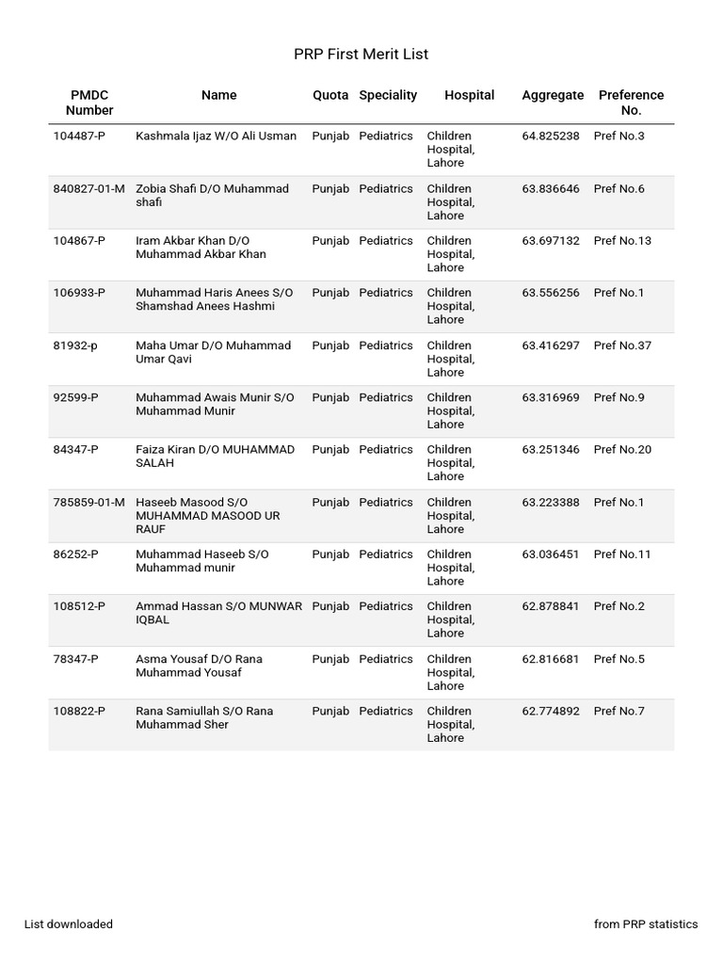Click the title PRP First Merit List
pos(361,55)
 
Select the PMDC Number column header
pos(89,103)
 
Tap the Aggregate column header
pos(553,95)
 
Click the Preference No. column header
pos(631,103)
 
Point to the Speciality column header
pos(388,95)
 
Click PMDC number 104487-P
pos(79,137)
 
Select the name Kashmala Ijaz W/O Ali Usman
pos(216,137)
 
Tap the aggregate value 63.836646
pos(551,189)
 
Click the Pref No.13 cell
pos(622,241)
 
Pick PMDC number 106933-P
pos(79,293)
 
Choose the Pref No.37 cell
pos(622,345)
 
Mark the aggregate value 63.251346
pos(551,450)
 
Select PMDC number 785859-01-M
pos(88,503)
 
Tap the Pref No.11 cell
pos(622,554)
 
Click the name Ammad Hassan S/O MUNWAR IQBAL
pos(218,613)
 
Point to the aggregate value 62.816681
pos(551,659)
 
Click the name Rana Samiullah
pos(204,717)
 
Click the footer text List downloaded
pos(69,924)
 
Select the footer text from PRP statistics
pos(646,924)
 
